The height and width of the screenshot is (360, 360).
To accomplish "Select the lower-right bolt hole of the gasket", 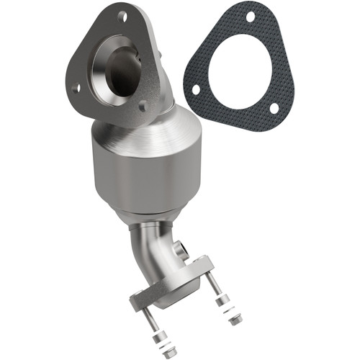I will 274,108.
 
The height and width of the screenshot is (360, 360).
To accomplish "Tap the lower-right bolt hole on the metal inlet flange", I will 143,106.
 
